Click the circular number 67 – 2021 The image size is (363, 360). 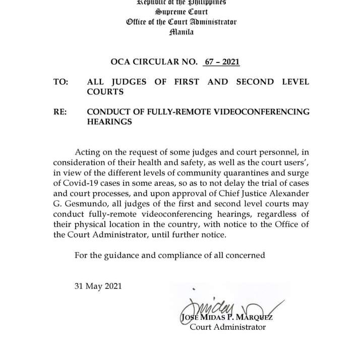[221, 62]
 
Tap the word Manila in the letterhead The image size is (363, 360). [181, 32]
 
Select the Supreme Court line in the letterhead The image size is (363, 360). [181, 12]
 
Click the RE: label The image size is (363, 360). [60, 112]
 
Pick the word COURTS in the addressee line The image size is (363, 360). [105, 92]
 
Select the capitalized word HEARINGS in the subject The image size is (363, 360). [109, 122]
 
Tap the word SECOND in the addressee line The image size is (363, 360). [255, 82]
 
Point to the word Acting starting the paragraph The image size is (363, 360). [87, 152]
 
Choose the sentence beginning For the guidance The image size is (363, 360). [169, 255]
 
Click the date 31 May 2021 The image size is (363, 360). [98, 286]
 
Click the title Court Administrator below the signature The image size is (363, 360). [227, 327]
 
